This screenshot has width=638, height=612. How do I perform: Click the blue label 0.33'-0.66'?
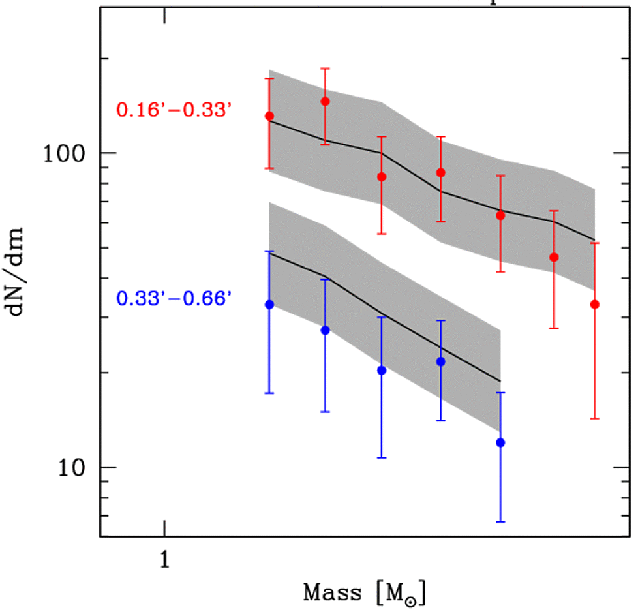(x=174, y=299)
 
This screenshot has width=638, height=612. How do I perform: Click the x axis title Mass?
(x=332, y=593)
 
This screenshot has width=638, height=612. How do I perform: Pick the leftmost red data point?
(x=269, y=116)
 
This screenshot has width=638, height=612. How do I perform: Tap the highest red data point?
(x=325, y=101)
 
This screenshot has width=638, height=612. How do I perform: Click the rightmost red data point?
(x=594, y=304)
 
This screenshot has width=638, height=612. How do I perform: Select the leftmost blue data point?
(x=269, y=304)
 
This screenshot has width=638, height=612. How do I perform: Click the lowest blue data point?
(x=500, y=443)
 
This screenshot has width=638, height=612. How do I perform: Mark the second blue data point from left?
(x=325, y=330)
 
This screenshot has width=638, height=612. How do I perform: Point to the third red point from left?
(x=382, y=177)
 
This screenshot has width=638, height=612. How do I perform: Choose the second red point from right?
(x=554, y=257)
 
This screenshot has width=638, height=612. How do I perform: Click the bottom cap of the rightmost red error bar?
(x=594, y=418)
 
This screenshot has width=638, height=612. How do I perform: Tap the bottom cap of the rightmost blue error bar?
(x=500, y=521)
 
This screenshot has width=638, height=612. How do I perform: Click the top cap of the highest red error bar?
(x=325, y=69)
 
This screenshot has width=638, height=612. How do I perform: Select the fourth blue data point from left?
(x=440, y=361)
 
